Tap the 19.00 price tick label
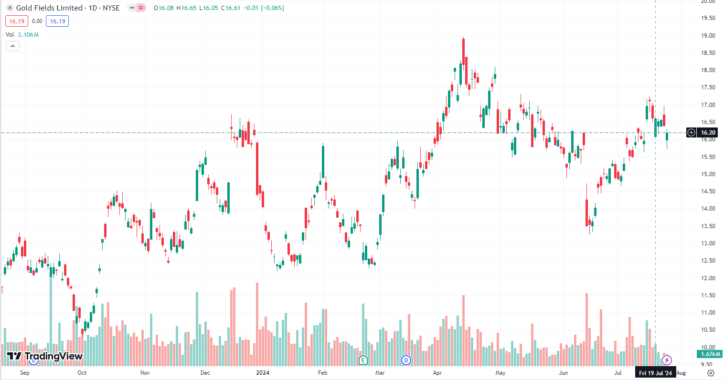(708, 36)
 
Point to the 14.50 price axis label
(708, 191)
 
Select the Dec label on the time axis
(205, 373)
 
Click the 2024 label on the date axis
(262, 373)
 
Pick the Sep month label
(25, 373)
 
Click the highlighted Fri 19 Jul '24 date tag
(655, 373)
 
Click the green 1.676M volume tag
(711, 354)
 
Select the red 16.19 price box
(17, 21)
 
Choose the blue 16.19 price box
(57, 21)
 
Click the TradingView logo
(45, 356)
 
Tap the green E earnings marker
(363, 360)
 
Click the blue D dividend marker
(406, 360)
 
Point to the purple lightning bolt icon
(667, 360)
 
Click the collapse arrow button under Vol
(12, 46)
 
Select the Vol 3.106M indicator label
(22, 35)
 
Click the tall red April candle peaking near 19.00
(463, 60)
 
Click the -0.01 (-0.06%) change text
(264, 8)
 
